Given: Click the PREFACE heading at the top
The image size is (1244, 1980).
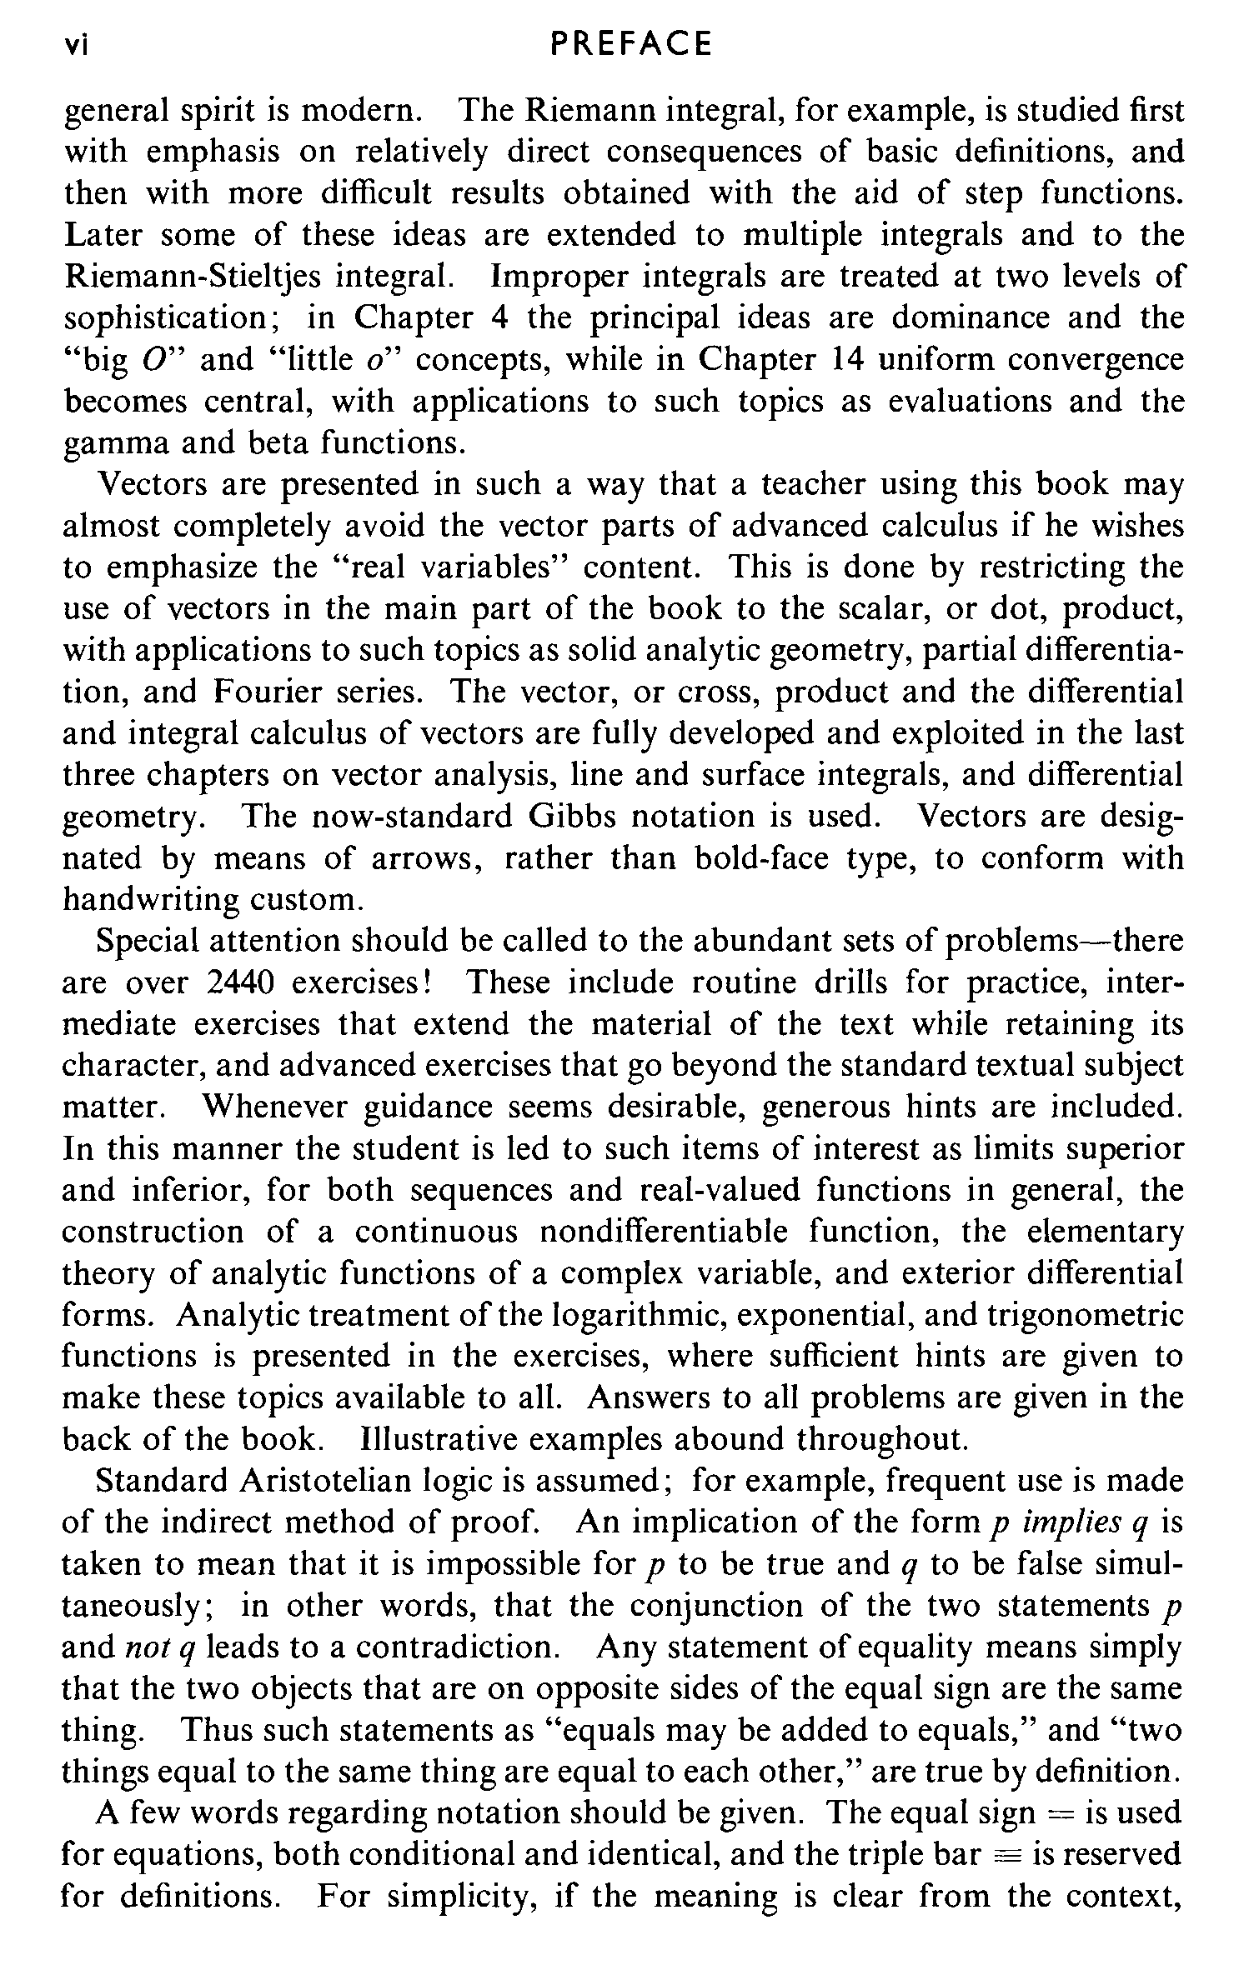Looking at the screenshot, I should [x=631, y=44].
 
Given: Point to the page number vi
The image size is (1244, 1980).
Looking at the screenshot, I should [x=78, y=45].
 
